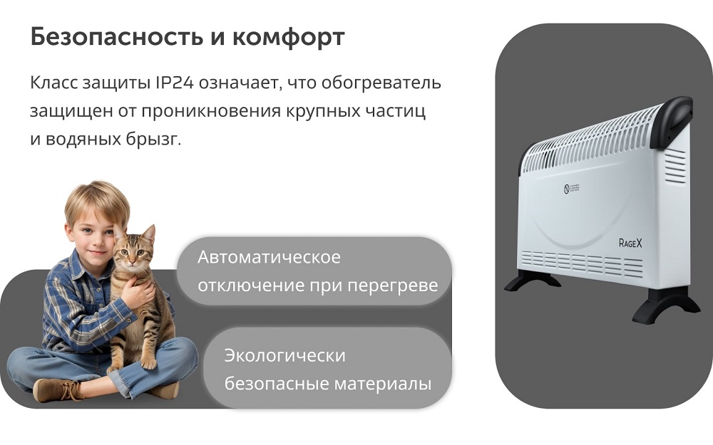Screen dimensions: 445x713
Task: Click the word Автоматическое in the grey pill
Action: (x=269, y=257)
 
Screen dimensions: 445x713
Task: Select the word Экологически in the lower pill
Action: (x=284, y=355)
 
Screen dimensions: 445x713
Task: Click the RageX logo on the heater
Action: (x=630, y=243)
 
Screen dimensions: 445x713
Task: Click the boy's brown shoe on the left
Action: (x=57, y=389)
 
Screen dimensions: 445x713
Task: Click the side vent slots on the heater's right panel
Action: (x=674, y=167)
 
